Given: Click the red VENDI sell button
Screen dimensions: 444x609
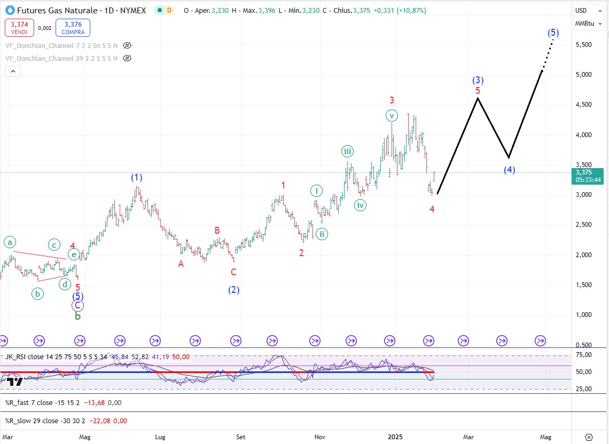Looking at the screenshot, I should (x=19, y=28).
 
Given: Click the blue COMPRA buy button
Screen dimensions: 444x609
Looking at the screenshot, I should (x=73, y=28).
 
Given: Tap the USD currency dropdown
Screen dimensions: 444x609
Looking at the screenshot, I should (x=581, y=10).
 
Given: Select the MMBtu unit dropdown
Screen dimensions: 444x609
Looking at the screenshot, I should (x=584, y=23).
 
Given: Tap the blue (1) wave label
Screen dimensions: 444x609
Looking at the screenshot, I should (x=137, y=178).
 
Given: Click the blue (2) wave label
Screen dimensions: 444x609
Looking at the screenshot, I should (x=233, y=290).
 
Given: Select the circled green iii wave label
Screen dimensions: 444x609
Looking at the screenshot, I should (x=347, y=152).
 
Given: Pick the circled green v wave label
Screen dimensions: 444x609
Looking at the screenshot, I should (x=392, y=115).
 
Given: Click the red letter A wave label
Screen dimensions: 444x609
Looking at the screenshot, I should (x=181, y=264).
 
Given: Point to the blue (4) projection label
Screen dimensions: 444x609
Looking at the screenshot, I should (x=509, y=170).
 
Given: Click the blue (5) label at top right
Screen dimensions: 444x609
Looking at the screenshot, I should (x=553, y=33).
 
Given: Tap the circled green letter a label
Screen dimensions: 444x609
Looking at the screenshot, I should (x=10, y=242).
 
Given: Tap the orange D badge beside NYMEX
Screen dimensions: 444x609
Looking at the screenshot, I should (x=169, y=11).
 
